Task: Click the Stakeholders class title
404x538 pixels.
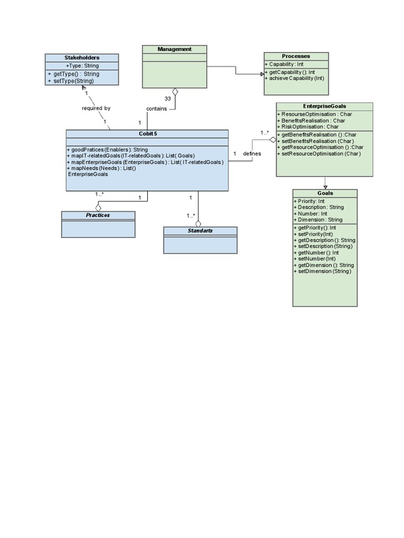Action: (x=82, y=58)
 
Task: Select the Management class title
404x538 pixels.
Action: (x=175, y=49)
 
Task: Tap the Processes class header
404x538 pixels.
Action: (x=296, y=56)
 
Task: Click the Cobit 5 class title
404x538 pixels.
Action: (x=148, y=134)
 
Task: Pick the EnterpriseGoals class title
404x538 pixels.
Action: (x=325, y=106)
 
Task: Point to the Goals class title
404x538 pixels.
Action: (x=325, y=193)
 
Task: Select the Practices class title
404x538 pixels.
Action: (x=98, y=215)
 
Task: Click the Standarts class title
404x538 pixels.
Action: (x=200, y=231)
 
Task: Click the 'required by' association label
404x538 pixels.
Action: (x=96, y=108)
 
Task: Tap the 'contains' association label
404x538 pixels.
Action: (x=156, y=109)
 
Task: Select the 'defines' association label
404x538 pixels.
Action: (x=252, y=153)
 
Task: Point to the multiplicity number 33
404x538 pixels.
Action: (x=167, y=98)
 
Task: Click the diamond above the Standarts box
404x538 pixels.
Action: (x=198, y=223)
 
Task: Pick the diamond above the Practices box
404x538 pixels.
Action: (x=98, y=207)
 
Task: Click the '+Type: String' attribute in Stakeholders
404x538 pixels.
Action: (x=82, y=66)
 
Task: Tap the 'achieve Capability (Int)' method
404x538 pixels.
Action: (x=297, y=78)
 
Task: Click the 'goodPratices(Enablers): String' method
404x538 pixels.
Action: (x=107, y=150)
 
